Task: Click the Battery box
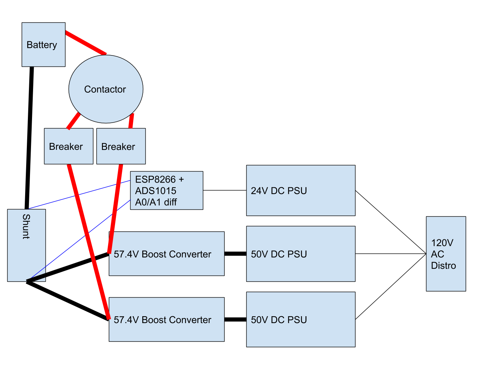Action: pyautogui.click(x=43, y=45)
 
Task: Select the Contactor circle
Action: pyautogui.click(x=106, y=89)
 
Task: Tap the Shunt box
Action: pyautogui.click(x=27, y=245)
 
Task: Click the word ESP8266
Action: pyautogui.click(x=155, y=179)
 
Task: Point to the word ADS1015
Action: pyautogui.click(x=156, y=191)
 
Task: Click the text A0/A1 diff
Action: pyautogui.click(x=156, y=202)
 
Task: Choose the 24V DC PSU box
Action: pyautogui.click(x=301, y=190)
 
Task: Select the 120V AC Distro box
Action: pyautogui.click(x=446, y=254)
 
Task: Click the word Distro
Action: pyautogui.click(x=443, y=266)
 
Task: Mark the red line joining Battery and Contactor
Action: pyautogui.click(x=86, y=43)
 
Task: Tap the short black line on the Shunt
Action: pyautogui.click(x=36, y=278)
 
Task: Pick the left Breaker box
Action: pyautogui.click(x=69, y=146)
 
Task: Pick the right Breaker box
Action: pyautogui.click(x=121, y=146)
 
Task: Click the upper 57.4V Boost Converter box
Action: pyautogui.click(x=167, y=254)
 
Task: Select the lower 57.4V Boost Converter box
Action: pyautogui.click(x=167, y=320)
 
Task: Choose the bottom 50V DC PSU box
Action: pyautogui.click(x=301, y=320)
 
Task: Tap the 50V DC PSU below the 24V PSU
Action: pyautogui.click(x=301, y=254)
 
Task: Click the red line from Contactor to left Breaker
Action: pyautogui.click(x=73, y=121)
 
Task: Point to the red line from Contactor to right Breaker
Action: pyautogui.click(x=131, y=121)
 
